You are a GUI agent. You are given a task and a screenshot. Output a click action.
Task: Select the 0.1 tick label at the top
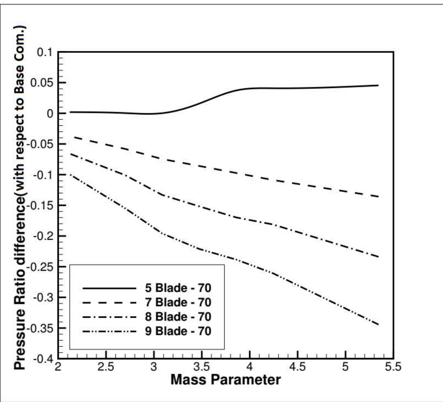[44, 52]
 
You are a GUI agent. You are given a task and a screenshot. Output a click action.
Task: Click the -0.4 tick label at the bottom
[42, 359]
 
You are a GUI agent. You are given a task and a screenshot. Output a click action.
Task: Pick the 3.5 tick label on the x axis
[201, 367]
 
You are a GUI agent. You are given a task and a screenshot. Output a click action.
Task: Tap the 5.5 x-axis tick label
[393, 367]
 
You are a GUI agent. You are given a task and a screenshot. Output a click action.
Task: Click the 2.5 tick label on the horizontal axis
[106, 367]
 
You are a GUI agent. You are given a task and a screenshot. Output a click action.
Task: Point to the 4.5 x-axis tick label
[297, 367]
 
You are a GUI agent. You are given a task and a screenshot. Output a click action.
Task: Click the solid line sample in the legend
[109, 288]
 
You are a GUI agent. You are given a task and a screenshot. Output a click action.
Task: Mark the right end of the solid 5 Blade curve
[378, 85]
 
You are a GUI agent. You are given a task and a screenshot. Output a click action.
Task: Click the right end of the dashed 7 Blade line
[378, 196]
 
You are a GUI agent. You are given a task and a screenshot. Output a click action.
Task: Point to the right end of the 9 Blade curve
[378, 325]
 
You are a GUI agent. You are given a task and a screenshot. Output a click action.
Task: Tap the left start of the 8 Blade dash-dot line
[70, 154]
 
